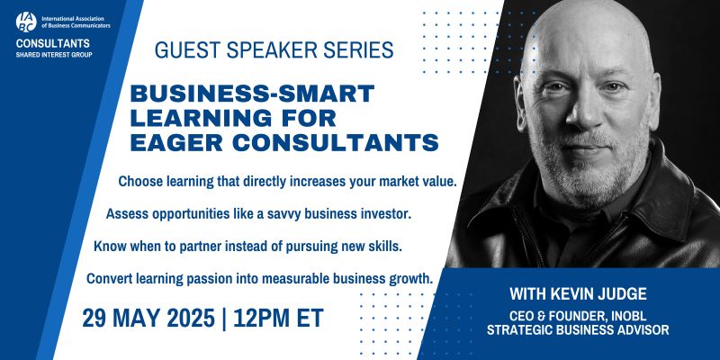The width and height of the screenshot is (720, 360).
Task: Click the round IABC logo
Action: pyautogui.click(x=26, y=22)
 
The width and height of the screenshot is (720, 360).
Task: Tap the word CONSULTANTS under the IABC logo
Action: pyautogui.click(x=53, y=43)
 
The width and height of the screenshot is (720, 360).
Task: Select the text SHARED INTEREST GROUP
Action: pyautogui.click(x=54, y=55)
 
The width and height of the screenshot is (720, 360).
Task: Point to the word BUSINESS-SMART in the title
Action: pyautogui.click(x=252, y=94)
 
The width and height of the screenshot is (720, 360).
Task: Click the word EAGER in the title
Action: pyautogui.click(x=177, y=143)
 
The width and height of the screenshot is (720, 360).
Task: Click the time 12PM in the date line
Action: pyautogui.click(x=261, y=318)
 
